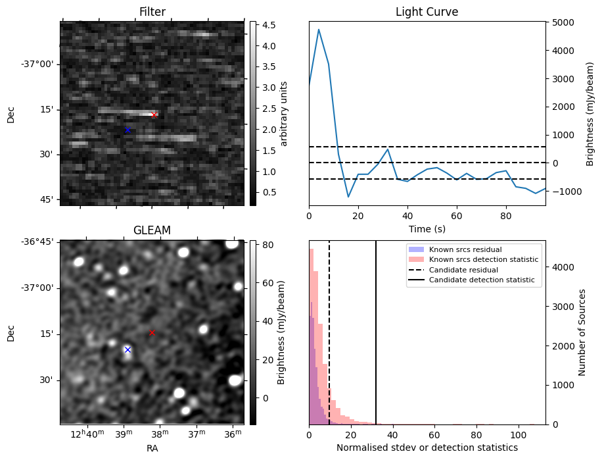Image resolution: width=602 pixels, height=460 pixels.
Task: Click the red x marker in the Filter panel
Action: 154,115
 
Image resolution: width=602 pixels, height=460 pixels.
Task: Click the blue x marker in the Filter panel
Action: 127,130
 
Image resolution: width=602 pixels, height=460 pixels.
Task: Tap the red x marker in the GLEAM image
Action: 152,333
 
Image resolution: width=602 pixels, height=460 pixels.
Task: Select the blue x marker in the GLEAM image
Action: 127,349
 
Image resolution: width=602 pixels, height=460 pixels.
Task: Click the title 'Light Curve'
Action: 427,13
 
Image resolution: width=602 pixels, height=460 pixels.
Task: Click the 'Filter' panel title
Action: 152,13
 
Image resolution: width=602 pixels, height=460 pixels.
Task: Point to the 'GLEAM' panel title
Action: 152,230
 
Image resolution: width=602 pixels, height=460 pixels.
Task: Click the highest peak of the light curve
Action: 319,30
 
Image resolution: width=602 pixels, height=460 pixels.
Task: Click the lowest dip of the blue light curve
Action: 348,197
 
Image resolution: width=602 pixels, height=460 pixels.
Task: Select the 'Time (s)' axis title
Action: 427,228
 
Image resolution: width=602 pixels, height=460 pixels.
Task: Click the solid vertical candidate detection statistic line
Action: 376,342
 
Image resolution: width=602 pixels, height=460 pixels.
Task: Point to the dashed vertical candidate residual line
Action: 329,342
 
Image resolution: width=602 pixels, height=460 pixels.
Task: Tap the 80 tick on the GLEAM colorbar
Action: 266,244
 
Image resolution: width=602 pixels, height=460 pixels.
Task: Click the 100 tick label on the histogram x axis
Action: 519,434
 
